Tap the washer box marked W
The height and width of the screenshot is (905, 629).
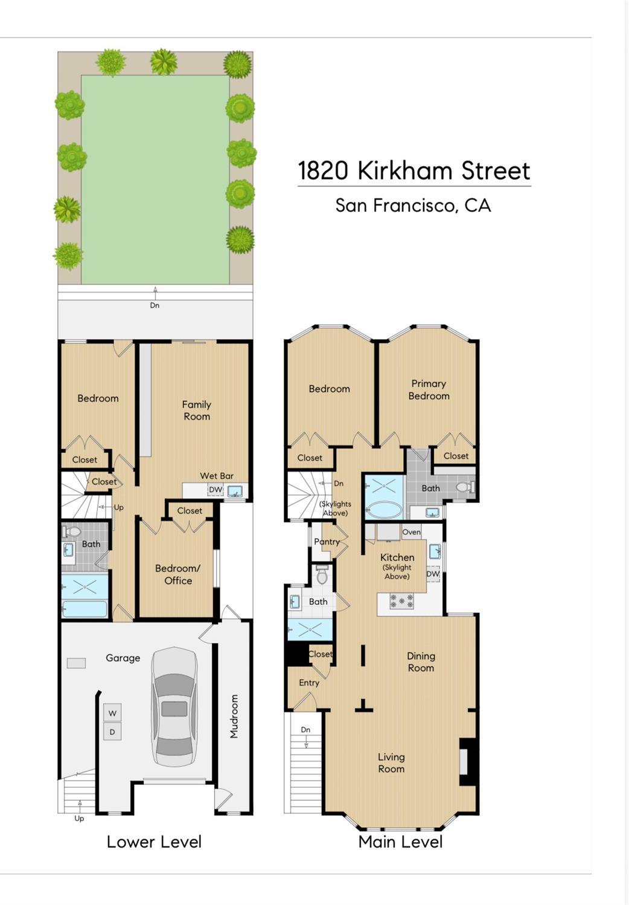pos(112,713)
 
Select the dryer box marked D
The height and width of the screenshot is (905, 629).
pos(112,732)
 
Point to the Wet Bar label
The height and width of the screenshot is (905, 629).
pos(217,476)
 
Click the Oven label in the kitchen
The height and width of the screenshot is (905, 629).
pos(411,532)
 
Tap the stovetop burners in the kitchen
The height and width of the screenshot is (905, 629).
pos(401,601)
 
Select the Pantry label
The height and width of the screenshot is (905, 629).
pos(327,542)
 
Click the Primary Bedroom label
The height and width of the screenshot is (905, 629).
pos(429,389)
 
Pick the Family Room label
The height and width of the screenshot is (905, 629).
pos(197,410)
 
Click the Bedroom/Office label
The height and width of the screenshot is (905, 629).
pos(178,574)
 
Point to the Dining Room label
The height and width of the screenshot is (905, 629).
pos(421,662)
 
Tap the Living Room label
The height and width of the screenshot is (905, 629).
pos(391,763)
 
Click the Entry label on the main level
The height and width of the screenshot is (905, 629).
pos(309,683)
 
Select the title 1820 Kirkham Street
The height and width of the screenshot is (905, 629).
pos(414,171)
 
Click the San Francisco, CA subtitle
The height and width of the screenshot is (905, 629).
pos(413,205)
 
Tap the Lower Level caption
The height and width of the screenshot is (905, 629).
pos(154,842)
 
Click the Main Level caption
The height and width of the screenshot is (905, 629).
pos(400,842)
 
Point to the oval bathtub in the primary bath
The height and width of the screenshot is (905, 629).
pos(384,510)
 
